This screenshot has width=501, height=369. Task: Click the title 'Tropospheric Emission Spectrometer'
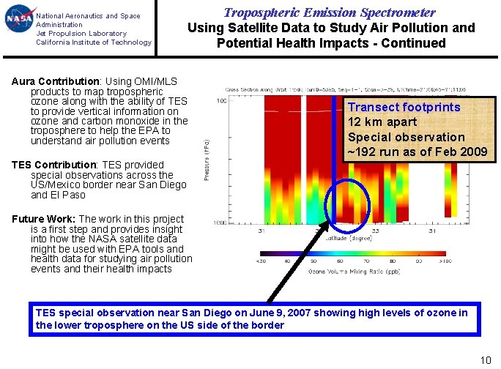pos(329,12)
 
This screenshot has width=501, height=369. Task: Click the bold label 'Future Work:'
pos(44,219)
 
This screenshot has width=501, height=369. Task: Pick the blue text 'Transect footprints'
pos(404,107)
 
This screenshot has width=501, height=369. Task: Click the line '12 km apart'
pos(382,122)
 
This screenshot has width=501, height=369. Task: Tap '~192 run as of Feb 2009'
pos(417,152)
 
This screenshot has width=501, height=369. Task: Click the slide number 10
pos(484,359)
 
